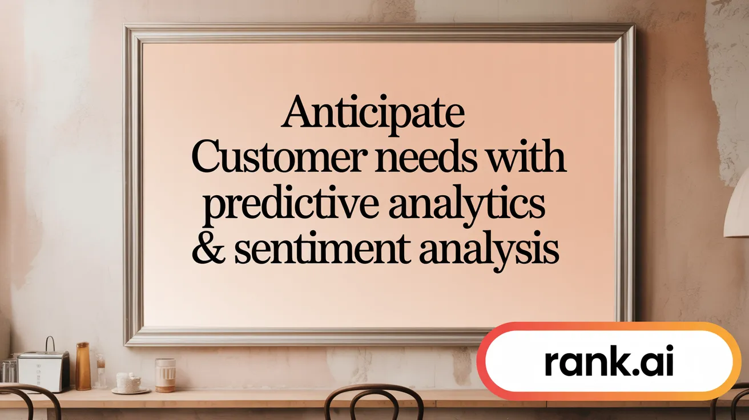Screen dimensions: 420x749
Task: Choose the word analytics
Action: [466, 207]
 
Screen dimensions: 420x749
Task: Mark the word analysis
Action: [487, 251]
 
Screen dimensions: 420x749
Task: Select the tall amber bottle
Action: [83, 366]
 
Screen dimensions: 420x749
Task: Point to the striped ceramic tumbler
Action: [165, 375]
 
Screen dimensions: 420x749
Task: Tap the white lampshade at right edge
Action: [737, 208]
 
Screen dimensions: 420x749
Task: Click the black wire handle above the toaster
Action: [50, 344]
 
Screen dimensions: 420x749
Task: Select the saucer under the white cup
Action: [130, 391]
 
